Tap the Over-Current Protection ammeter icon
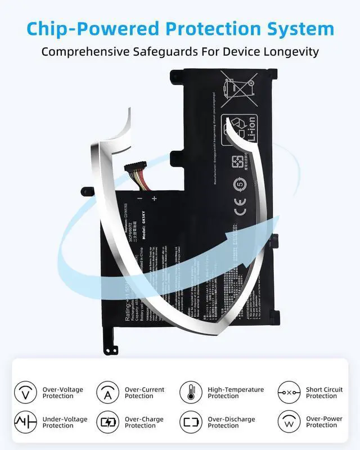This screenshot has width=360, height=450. [107, 392]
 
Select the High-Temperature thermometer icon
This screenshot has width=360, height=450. [191, 392]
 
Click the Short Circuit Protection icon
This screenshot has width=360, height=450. [289, 392]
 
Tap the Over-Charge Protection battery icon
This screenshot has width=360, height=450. [107, 422]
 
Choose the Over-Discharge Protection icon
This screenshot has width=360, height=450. [191, 422]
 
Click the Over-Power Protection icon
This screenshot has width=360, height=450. [289, 422]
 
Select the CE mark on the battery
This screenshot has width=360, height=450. [238, 212]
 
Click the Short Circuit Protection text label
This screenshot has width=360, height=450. [325, 393]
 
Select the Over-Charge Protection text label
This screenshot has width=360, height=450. [145, 422]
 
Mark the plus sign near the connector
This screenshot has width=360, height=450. [154, 199]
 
